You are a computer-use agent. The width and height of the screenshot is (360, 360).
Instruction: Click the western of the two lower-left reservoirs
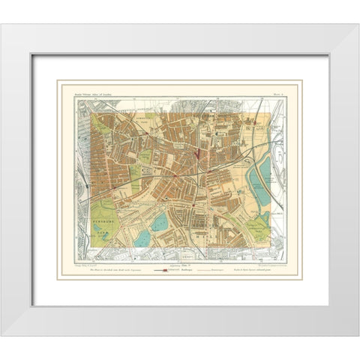(142, 238)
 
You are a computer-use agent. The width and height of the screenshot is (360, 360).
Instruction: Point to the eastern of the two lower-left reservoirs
(159, 222)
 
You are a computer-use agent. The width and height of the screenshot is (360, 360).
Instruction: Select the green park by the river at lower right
(258, 225)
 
